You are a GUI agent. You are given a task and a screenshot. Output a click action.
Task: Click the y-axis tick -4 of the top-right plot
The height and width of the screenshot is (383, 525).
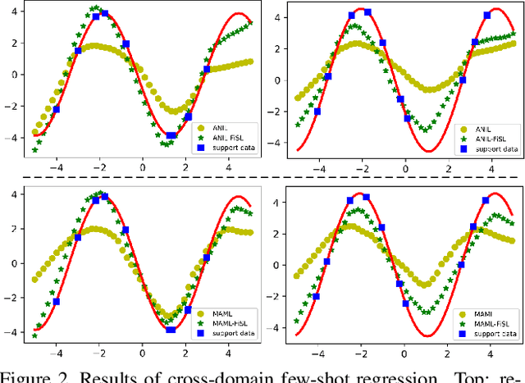[x=279, y=144]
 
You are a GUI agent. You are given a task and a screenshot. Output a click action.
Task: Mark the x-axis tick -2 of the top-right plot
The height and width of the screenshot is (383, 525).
[x=361, y=169]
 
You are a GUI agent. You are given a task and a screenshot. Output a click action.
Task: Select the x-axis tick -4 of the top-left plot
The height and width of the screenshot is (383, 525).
[x=55, y=169]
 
